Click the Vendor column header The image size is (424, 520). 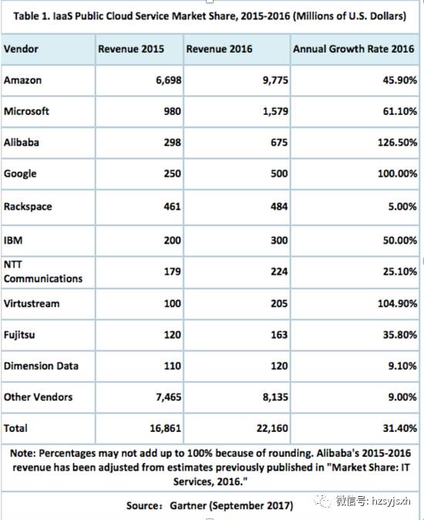pyautogui.click(x=21, y=49)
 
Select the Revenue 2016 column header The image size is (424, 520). pyautogui.click(x=219, y=49)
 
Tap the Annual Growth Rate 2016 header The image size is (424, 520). pyautogui.click(x=353, y=49)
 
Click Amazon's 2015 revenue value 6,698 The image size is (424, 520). pyautogui.click(x=169, y=80)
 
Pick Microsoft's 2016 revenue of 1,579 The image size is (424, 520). pyautogui.click(x=275, y=111)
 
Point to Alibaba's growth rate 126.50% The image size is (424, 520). pyautogui.click(x=397, y=143)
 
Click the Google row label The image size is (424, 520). pyautogui.click(x=20, y=174)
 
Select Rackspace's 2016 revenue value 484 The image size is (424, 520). pyautogui.click(x=279, y=207)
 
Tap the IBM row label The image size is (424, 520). pyautogui.click(x=13, y=241)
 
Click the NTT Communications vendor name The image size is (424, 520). pyautogui.click(x=43, y=272)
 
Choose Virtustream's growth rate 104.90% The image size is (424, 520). pyautogui.click(x=397, y=304)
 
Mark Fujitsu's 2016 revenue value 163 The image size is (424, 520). pyautogui.click(x=279, y=335)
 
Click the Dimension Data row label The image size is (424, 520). pyautogui.click(x=41, y=366)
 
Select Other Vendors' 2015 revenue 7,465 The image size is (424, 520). pyautogui.click(x=169, y=397)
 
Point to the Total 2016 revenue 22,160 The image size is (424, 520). pyautogui.click(x=272, y=428)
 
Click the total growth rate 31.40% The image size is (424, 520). pyautogui.click(x=400, y=428)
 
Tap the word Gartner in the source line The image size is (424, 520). pyautogui.click(x=188, y=506)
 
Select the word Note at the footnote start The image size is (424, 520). pyautogui.click(x=22, y=454)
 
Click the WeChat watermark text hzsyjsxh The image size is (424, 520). pyautogui.click(x=391, y=501)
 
